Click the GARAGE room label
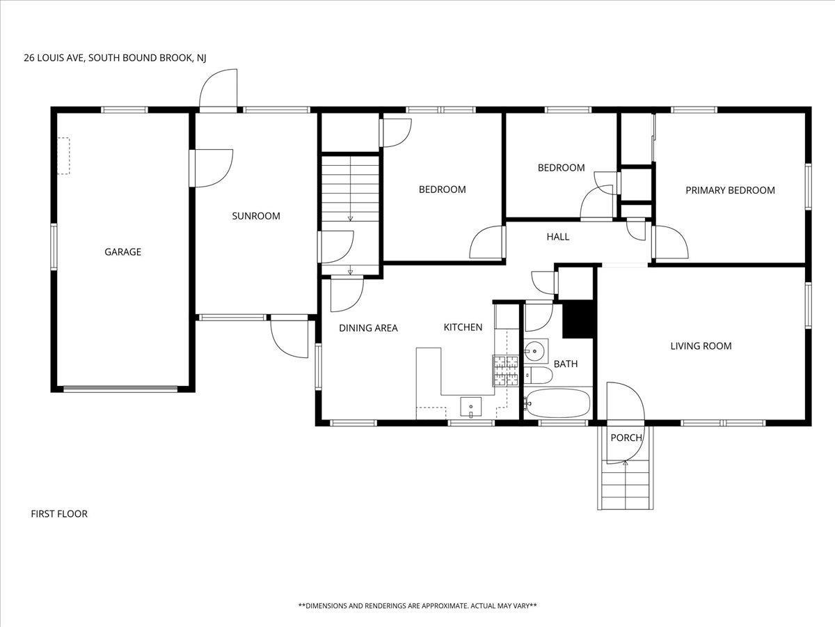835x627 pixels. pos(123,252)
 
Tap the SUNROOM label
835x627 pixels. pos(256,216)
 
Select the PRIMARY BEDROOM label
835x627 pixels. pos(730,190)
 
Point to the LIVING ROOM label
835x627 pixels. pos(701,346)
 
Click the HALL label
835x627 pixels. pos(557,237)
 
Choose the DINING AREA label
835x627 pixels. pos(368,328)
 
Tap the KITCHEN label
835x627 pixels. pos(463,327)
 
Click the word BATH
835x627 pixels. pos(566,364)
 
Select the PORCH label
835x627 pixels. pos(626,438)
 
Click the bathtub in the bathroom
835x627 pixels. pos(557,403)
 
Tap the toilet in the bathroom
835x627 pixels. pos(538,376)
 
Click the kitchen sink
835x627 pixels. pos(471,407)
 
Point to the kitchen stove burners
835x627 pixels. pos(506,371)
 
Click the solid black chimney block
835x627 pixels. pos(578,319)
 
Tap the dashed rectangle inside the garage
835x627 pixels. pos(63,156)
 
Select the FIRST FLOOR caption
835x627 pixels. pos(59,514)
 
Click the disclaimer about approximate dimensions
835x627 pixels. pos(417,605)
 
